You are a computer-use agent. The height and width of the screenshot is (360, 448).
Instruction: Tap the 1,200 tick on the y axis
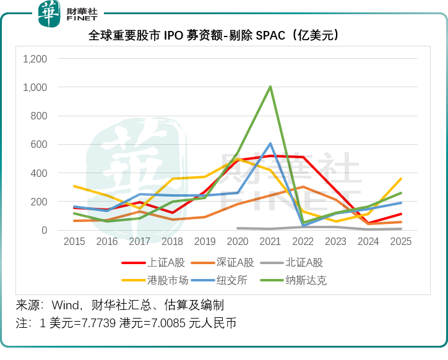35,59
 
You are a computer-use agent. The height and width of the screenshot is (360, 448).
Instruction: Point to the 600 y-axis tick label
40,145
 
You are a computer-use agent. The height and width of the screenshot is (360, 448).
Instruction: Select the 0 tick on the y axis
44,230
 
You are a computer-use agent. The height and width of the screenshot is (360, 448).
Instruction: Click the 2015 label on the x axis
74,242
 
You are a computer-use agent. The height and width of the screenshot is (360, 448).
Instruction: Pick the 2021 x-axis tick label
270,242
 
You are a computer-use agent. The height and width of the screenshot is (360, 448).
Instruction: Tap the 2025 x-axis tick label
401,242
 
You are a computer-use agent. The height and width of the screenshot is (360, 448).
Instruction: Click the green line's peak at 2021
270,87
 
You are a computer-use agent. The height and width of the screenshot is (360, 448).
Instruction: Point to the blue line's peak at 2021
270,144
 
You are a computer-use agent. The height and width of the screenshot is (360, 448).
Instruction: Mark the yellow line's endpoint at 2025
401,179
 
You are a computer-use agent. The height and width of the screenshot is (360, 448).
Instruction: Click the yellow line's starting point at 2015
74,186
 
